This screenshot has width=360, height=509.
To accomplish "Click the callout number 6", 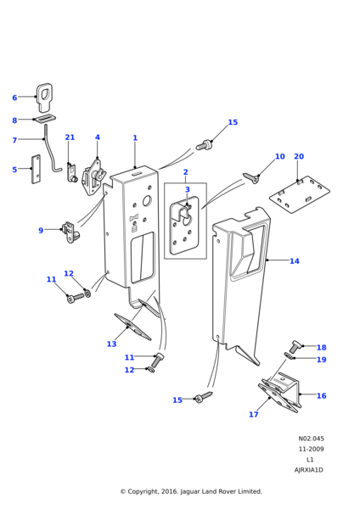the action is coord(14,98).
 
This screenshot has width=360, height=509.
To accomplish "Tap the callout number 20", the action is coord(299,156).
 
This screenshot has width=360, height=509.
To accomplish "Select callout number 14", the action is coord(295,261).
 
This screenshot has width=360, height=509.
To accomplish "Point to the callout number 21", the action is coord(70,137).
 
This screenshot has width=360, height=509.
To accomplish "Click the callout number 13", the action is coord(111,344).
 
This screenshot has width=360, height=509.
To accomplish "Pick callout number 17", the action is coord(253,414).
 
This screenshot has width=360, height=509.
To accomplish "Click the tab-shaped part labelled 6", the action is coord(44,97).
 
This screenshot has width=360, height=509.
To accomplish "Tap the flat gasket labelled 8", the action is coord(45,119).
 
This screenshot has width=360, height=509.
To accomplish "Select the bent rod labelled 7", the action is coord(48,148).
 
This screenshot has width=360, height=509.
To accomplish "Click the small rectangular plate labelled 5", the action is coord(36,169).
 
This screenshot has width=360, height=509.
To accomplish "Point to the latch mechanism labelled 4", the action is coord(94,177).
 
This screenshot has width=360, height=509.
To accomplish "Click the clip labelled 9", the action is coord(71,232).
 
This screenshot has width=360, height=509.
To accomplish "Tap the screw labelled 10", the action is coord(251,178).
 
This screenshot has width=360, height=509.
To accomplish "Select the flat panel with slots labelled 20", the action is coord(300,195).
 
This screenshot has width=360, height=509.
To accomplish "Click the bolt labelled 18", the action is coord(295,346).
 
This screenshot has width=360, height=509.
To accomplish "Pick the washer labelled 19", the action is coord(289,356).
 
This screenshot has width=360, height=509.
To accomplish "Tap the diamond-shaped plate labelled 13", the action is coord(132,327).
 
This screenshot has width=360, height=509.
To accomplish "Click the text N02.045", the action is coord(312,439).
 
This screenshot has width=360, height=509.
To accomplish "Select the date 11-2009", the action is coord(312,449).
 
